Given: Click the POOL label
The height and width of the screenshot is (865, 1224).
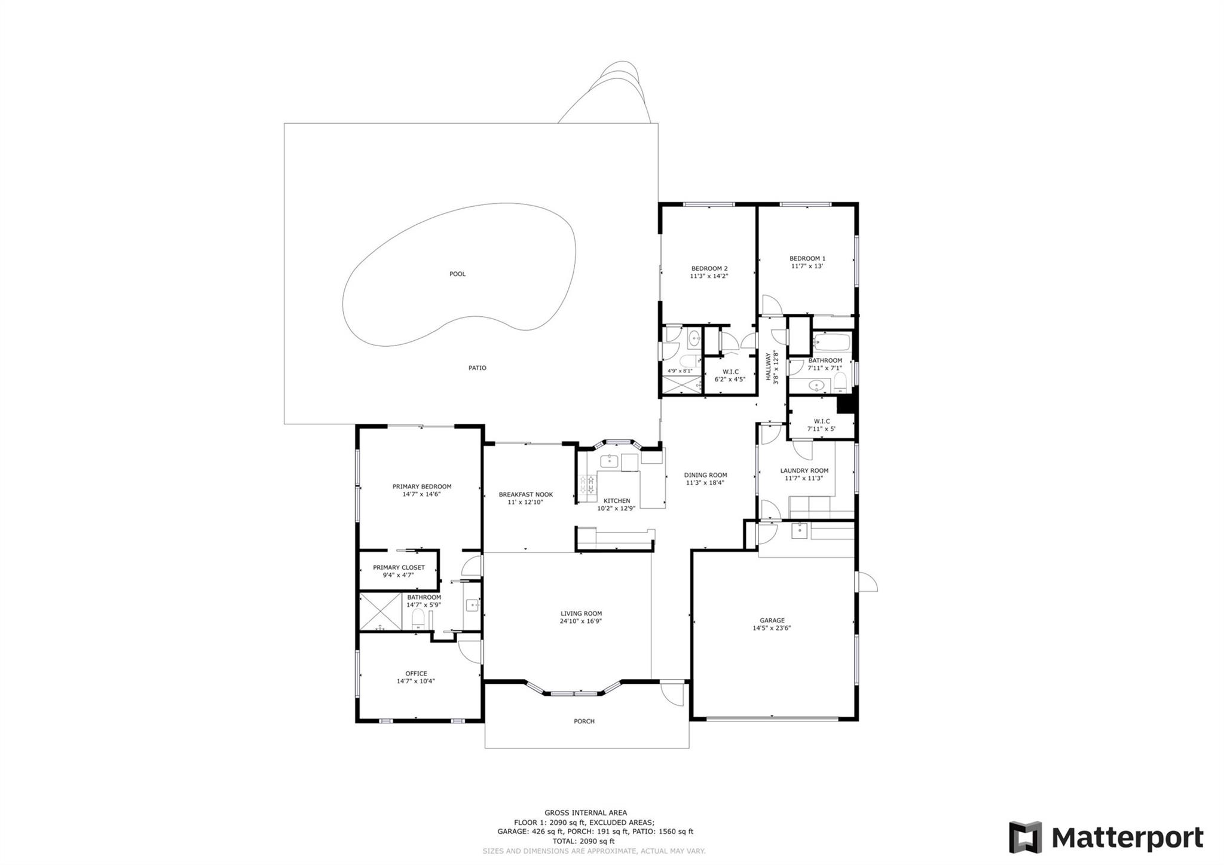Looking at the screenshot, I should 457,274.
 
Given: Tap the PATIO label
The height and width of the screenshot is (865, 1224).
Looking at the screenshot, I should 477,368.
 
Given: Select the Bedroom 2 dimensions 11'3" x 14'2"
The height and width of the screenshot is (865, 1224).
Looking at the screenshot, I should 709,277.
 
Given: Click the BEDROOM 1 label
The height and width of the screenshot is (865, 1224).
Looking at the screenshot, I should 807,259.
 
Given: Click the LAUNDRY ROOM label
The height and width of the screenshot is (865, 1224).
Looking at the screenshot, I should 804,471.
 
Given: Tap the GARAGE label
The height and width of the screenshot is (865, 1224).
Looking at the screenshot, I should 772,621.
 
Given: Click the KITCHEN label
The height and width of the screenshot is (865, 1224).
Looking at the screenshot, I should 616,501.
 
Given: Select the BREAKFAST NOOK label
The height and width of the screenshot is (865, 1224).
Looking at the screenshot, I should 525,495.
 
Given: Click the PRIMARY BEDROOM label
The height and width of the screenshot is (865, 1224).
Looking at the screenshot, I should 421,487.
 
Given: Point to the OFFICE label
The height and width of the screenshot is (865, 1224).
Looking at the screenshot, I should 416,674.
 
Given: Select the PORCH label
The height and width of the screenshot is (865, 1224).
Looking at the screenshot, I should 584,722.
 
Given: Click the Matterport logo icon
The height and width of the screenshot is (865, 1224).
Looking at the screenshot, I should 1025,838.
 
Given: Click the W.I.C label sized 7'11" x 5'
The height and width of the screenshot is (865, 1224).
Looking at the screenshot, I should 821,421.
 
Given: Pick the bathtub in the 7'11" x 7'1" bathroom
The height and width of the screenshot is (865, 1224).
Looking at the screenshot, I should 831,343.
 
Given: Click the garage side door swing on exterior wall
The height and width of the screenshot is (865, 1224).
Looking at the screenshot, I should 866,582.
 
